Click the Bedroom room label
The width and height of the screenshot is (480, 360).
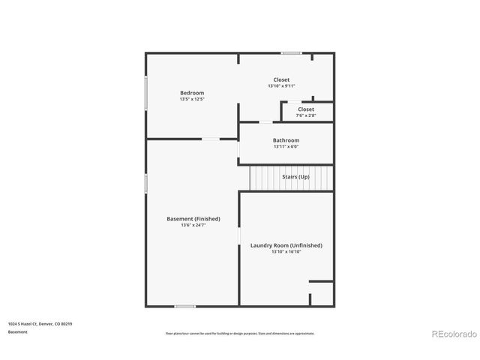(x=191, y=92)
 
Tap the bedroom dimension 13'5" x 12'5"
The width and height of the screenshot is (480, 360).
(x=191, y=99)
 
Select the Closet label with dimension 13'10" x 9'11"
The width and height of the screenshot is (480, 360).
(x=281, y=79)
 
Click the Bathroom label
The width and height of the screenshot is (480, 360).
(x=286, y=140)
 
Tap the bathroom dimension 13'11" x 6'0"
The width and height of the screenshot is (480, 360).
(x=286, y=147)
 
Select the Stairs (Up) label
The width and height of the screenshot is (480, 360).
(x=295, y=177)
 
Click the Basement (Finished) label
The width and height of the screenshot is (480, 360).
(x=193, y=218)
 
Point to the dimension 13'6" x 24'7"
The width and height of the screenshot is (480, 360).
(x=193, y=225)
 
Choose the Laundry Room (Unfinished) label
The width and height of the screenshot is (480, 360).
(x=286, y=245)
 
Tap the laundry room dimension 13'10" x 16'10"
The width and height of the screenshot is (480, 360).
(x=286, y=252)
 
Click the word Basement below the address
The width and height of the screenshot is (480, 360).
(x=18, y=331)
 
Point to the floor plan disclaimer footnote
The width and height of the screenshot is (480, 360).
(x=240, y=333)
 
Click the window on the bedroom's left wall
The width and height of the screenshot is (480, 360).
(x=145, y=95)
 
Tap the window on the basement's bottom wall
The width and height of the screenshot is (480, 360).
(x=184, y=306)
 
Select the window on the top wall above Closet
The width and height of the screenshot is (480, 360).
(x=291, y=52)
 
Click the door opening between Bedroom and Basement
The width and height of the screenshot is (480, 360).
(x=211, y=139)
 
